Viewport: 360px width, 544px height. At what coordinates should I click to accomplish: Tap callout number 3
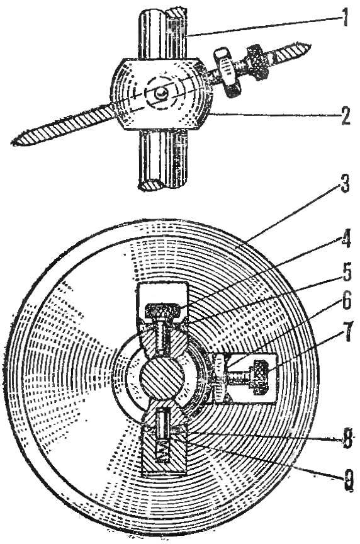click(344, 184)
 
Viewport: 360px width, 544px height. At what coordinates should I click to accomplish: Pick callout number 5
click(345, 273)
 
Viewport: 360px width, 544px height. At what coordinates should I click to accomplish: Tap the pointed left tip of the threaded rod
click(13, 142)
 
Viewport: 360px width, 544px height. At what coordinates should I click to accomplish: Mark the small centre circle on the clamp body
click(161, 93)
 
